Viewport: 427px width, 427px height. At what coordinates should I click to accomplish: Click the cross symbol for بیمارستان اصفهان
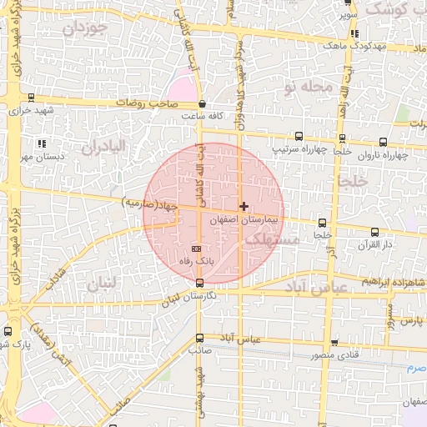point(244,205)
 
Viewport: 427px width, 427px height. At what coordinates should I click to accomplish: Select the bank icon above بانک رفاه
point(197,249)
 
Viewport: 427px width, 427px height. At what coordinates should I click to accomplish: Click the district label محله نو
point(308,87)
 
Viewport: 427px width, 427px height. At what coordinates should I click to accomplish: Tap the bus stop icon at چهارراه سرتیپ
point(299,137)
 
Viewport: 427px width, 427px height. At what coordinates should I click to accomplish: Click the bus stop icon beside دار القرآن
point(374,233)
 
